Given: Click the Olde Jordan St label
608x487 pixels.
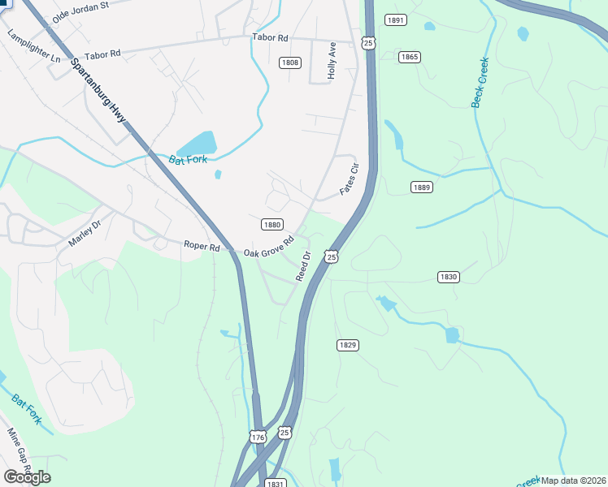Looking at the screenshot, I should pyautogui.click(x=80, y=11).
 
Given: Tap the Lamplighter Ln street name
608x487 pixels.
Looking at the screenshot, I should pyautogui.click(x=33, y=47).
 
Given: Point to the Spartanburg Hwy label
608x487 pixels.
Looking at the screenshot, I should pyautogui.click(x=98, y=91).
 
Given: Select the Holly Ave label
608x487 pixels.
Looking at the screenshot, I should pyautogui.click(x=332, y=61).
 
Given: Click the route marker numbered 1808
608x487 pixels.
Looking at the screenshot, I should pyautogui.click(x=290, y=62).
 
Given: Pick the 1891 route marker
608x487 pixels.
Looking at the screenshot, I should pyautogui.click(x=396, y=20).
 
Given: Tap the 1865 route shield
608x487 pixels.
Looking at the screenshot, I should pyautogui.click(x=410, y=57).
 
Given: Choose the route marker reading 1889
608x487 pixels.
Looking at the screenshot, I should pyautogui.click(x=421, y=187).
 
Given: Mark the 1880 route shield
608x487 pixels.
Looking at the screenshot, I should pyautogui.click(x=271, y=225).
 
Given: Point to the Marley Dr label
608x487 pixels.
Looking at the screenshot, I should pyautogui.click(x=85, y=235).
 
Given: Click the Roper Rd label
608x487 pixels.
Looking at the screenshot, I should pyautogui.click(x=202, y=246).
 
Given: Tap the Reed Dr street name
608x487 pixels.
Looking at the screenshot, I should pyautogui.click(x=303, y=266).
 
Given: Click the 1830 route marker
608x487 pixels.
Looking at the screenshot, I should pyautogui.click(x=448, y=277).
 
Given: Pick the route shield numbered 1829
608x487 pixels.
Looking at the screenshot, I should pyautogui.click(x=347, y=345).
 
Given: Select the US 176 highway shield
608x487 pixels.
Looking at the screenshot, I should pyautogui.click(x=258, y=437).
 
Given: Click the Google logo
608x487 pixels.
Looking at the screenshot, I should pyautogui.click(x=27, y=477).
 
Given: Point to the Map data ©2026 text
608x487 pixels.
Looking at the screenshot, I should pyautogui.click(x=574, y=481).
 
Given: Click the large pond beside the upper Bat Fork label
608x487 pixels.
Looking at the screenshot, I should pyautogui.click(x=198, y=144).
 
